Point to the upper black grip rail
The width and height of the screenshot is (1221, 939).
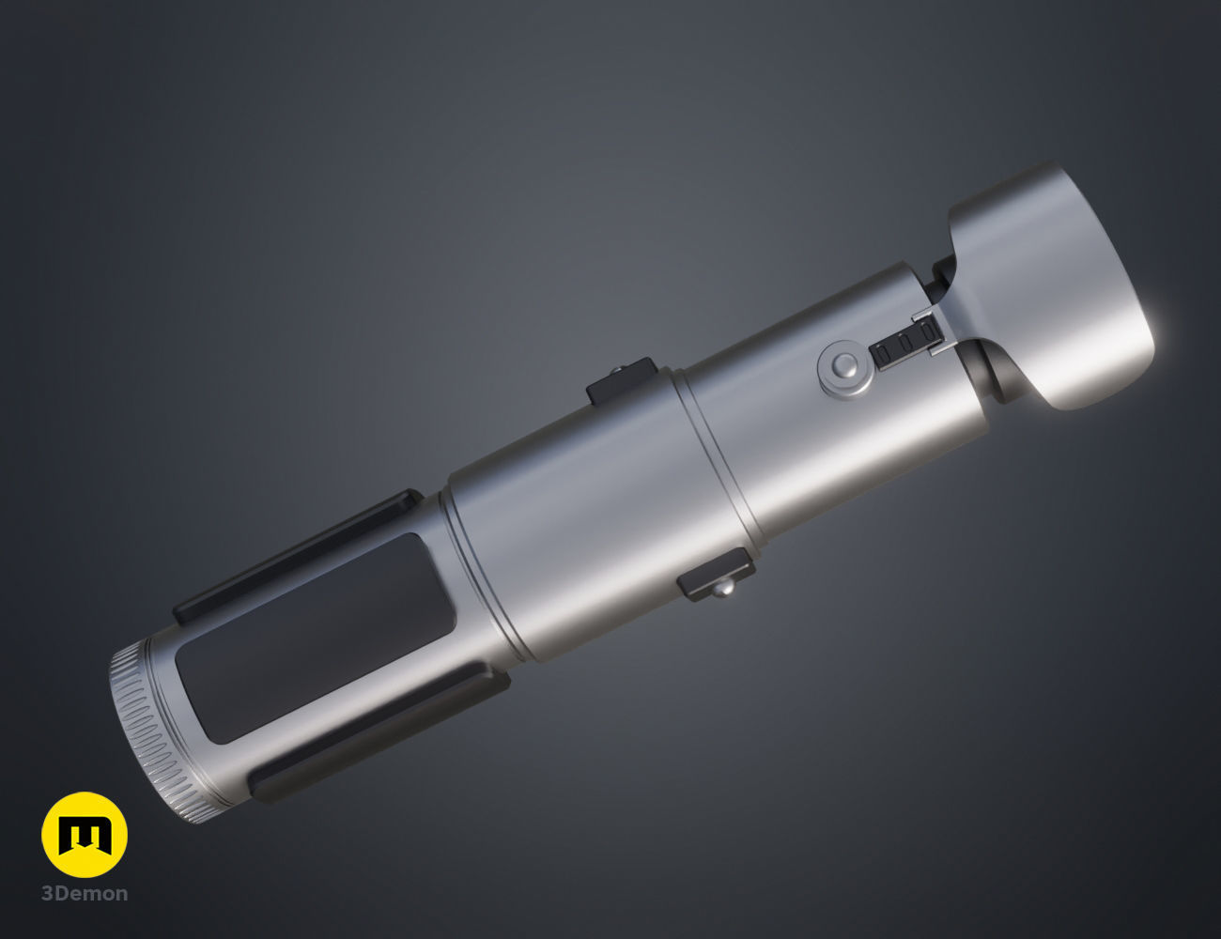pos(301,554)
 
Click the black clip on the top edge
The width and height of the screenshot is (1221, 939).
pos(621,377)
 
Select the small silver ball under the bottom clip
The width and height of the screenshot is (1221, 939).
pos(722,590)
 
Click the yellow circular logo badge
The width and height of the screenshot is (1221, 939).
pos(85,835)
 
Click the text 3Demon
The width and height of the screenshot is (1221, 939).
pos(85,894)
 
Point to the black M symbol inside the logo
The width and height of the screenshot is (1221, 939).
pos(85,835)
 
